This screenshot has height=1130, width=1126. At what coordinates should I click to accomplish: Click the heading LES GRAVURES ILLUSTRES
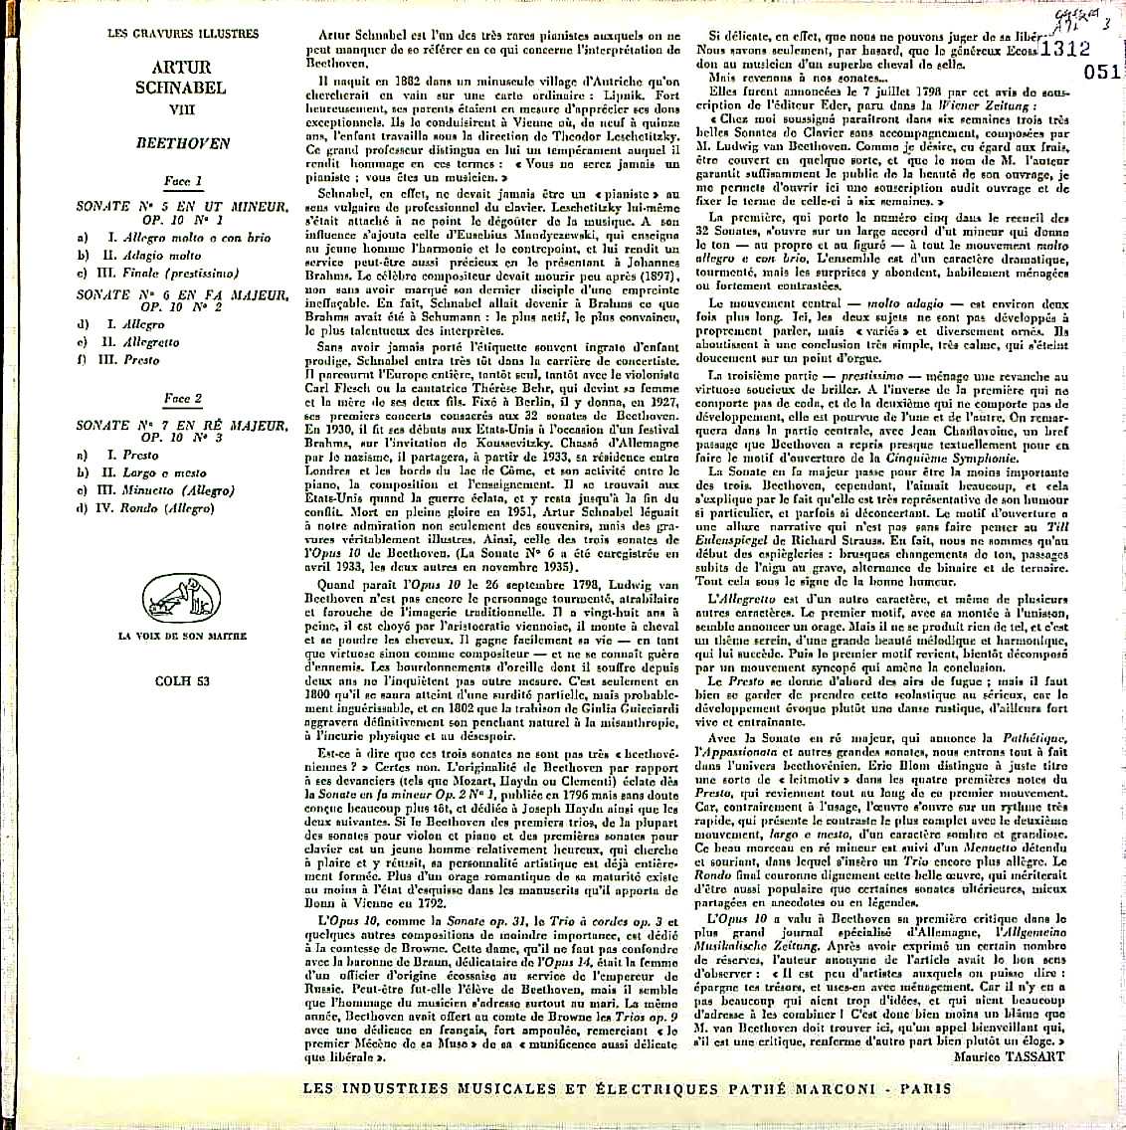pyautogui.click(x=182, y=34)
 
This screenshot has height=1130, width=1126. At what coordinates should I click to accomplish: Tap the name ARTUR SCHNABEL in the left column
pyautogui.click(x=181, y=78)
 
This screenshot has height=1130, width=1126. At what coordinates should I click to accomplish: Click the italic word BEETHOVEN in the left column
pyautogui.click(x=182, y=143)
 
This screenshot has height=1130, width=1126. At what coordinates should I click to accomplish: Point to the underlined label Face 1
pyautogui.click(x=182, y=181)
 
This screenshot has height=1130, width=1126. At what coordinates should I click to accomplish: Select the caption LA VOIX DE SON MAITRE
pyautogui.click(x=182, y=636)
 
